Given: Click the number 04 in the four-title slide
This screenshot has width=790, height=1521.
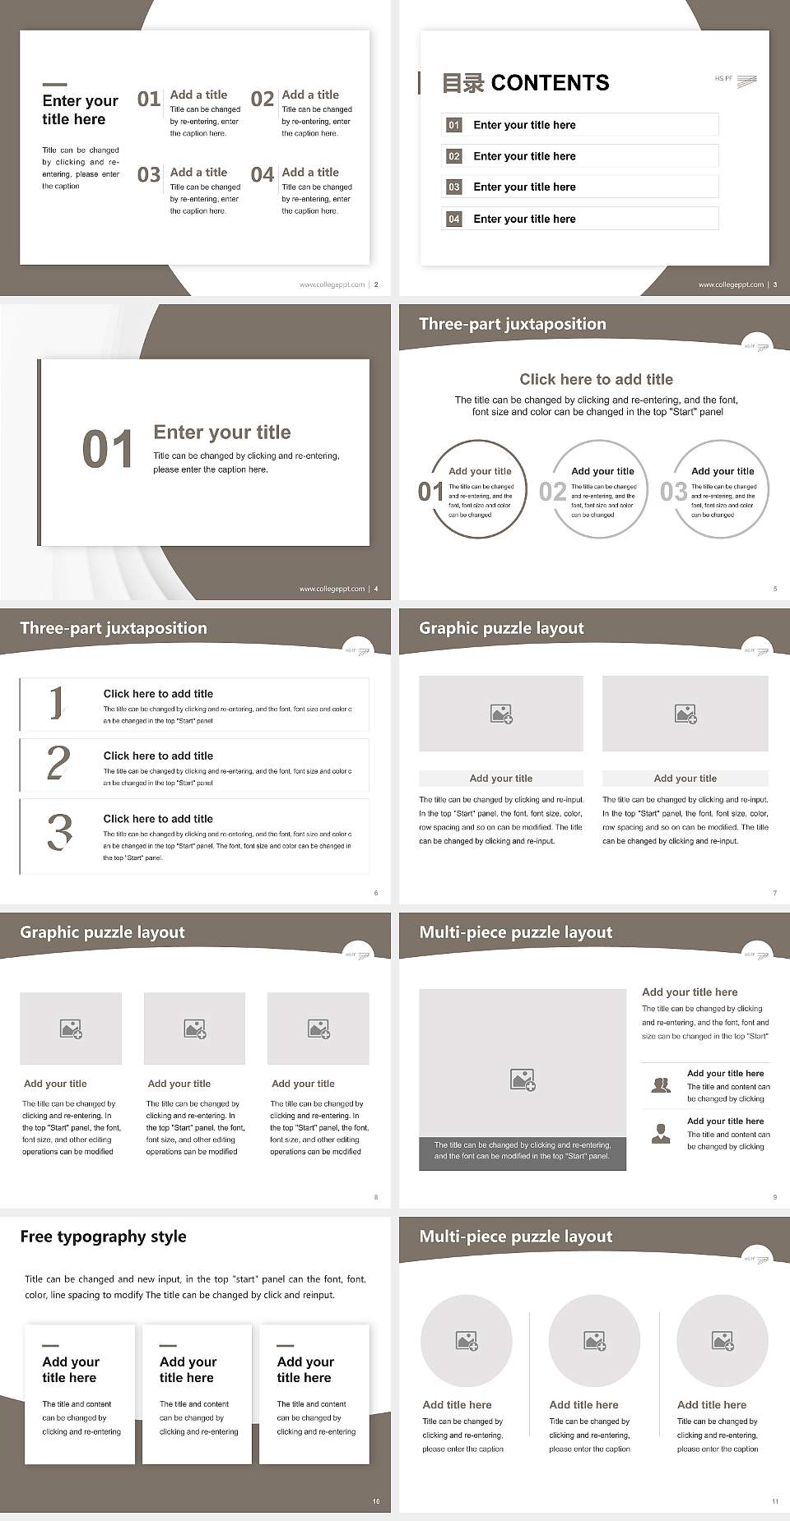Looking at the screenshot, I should click(263, 175).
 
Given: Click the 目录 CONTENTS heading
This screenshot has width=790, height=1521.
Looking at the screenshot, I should click(526, 83).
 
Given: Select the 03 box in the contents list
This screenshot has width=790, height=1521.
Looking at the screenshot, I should click(454, 187).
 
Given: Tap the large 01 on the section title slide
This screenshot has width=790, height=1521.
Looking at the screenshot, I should click(107, 450).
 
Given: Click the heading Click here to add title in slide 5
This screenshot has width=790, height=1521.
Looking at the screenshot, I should click(596, 379).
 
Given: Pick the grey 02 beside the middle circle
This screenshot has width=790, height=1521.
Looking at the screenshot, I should click(552, 492).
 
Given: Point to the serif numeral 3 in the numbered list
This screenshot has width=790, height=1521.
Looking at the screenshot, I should click(59, 832).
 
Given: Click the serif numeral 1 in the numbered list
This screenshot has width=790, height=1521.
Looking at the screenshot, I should click(57, 703).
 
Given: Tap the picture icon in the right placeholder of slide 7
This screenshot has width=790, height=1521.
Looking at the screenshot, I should click(685, 714).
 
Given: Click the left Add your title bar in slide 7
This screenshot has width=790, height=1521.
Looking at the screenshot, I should click(500, 779).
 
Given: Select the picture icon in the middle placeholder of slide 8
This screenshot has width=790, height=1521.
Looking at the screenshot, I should click(195, 1029).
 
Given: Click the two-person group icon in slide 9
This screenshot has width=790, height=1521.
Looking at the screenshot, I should click(661, 1085).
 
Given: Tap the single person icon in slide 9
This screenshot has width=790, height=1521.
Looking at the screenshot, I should click(661, 1134).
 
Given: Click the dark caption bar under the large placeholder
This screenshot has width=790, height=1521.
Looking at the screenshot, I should click(522, 1151).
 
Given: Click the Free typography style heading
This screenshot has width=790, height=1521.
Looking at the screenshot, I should click(103, 1237).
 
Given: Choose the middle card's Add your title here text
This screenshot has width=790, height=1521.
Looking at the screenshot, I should click(188, 1370).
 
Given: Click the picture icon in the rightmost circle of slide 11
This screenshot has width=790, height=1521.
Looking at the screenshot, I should click(723, 1341).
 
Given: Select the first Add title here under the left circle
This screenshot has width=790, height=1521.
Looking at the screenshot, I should click(457, 1405).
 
